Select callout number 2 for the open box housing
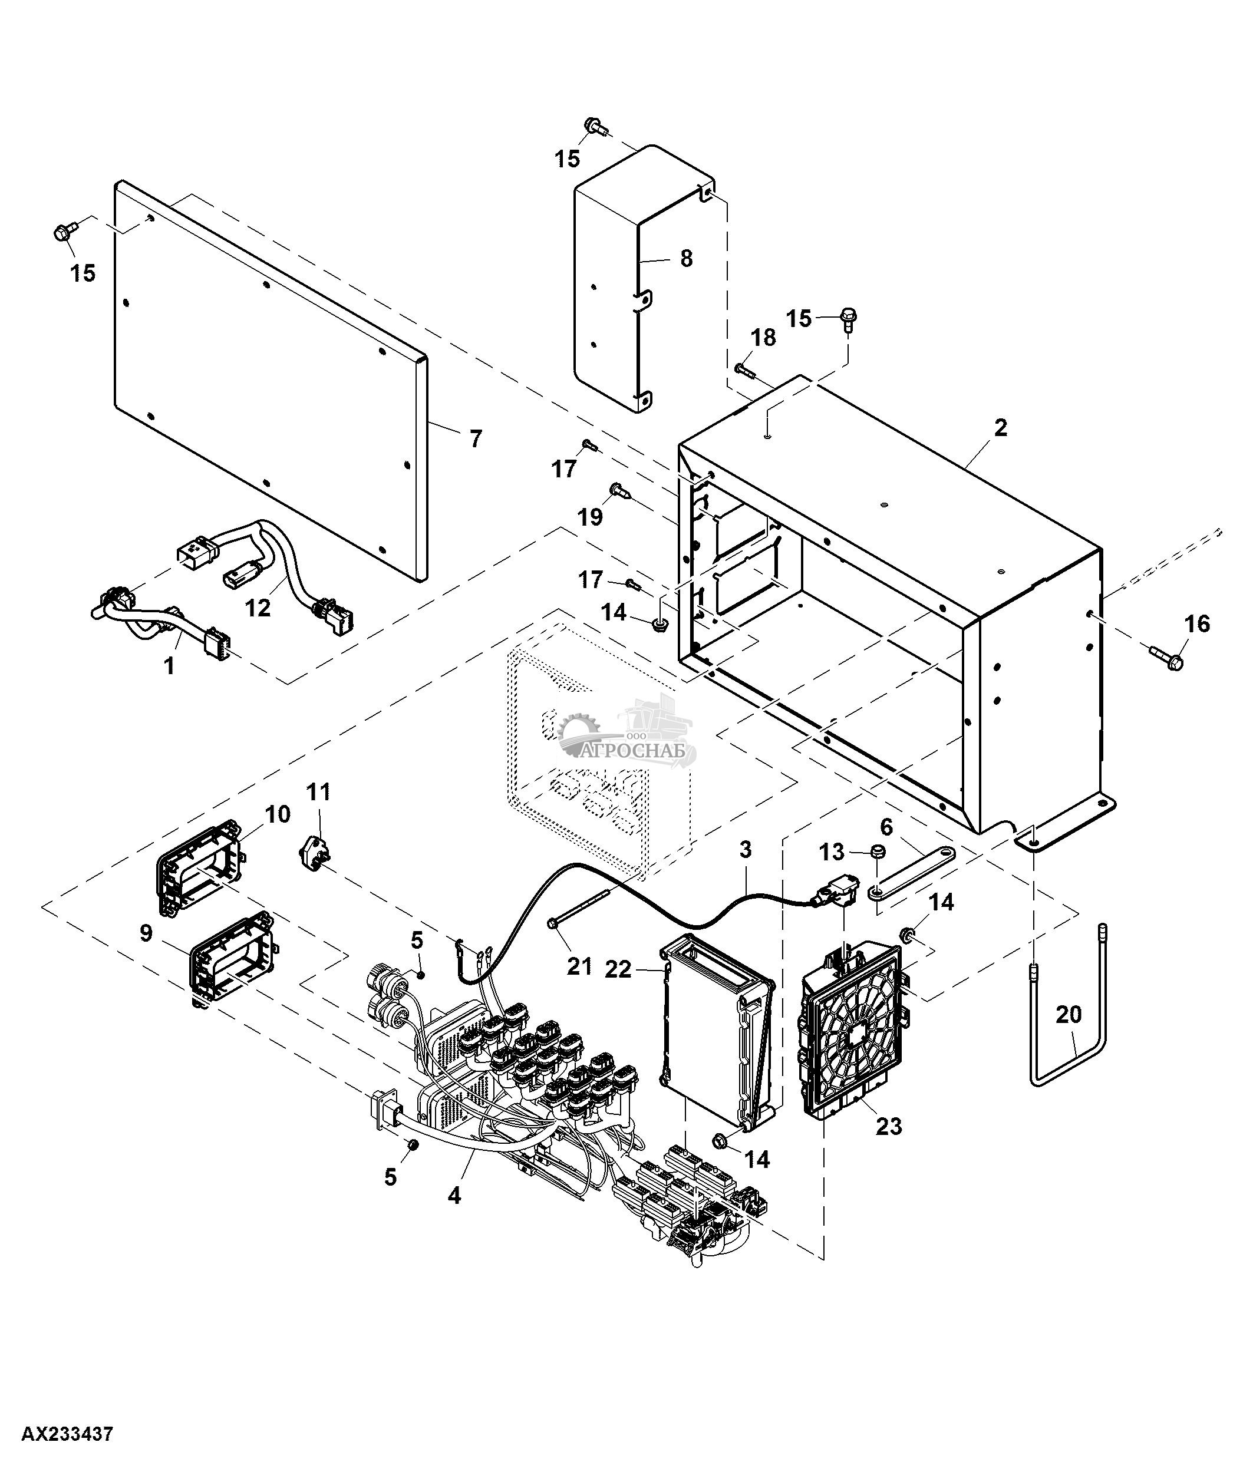(1000, 428)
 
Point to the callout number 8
(686, 258)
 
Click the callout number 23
(888, 1126)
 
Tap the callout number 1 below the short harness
(169, 665)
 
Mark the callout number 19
(591, 517)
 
